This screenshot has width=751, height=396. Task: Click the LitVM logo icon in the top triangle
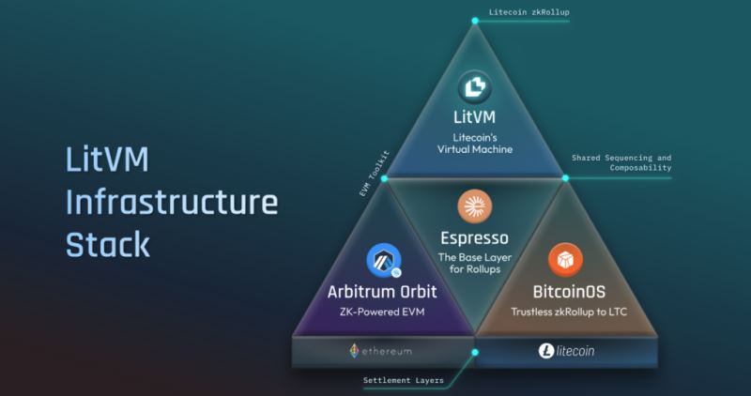[x=475, y=90]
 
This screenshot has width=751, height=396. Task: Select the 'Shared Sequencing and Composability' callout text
[x=622, y=162]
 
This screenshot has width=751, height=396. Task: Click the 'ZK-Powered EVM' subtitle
[x=382, y=311]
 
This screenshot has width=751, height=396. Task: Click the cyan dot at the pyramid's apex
[x=477, y=12]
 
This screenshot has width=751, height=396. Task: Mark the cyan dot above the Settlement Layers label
[x=476, y=353]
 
